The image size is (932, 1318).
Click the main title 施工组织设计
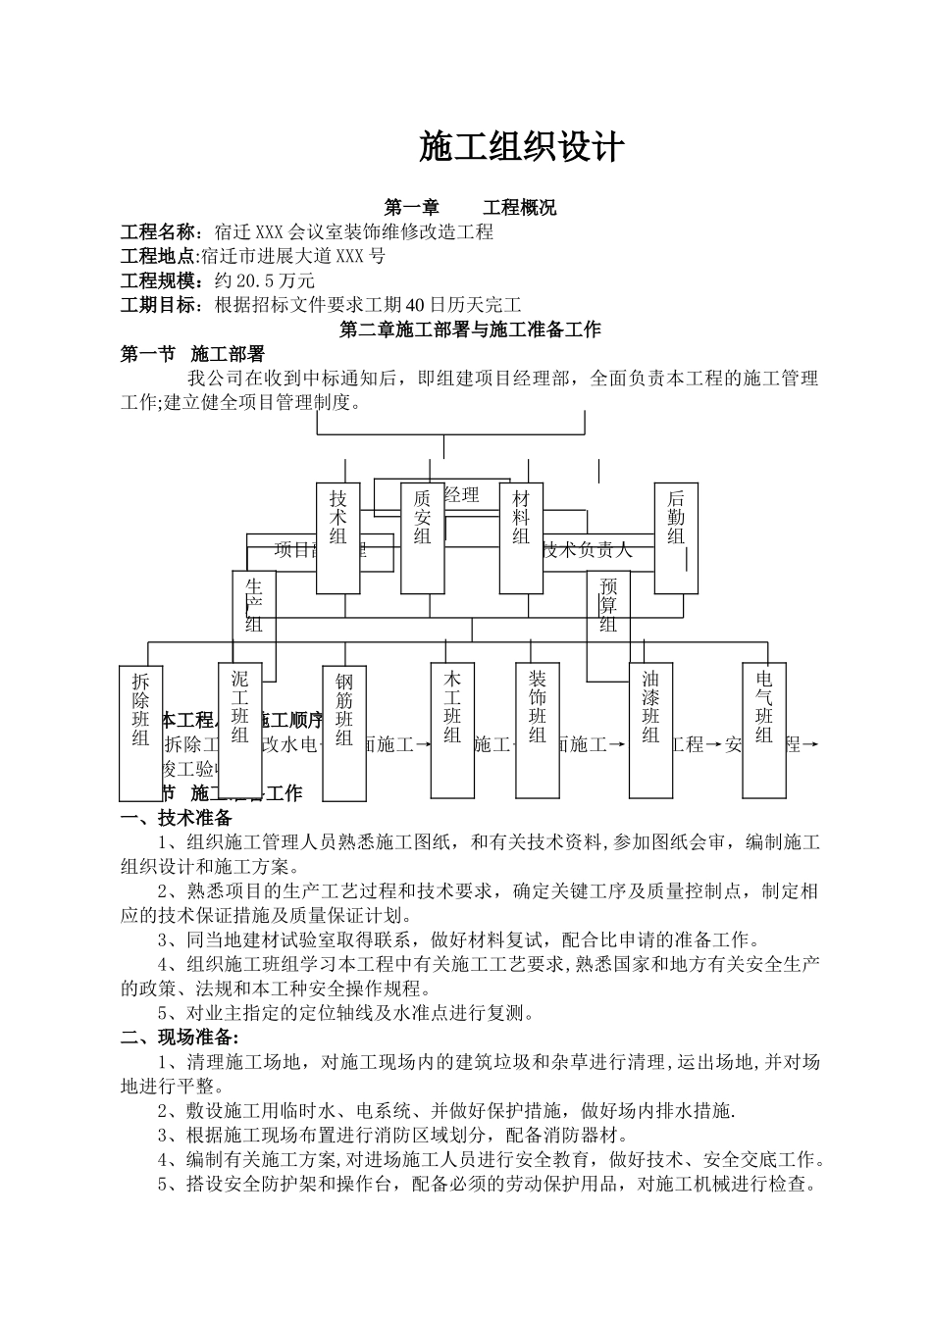coord(521,147)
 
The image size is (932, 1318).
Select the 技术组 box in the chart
coord(338,537)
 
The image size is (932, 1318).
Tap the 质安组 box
coord(423,537)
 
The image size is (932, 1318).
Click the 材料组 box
coord(521,537)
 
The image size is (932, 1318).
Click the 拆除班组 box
coord(141,733)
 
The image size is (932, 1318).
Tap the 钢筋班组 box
coord(343,733)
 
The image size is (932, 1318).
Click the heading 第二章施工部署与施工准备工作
coord(470,330)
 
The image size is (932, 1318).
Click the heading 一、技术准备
coord(176,818)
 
